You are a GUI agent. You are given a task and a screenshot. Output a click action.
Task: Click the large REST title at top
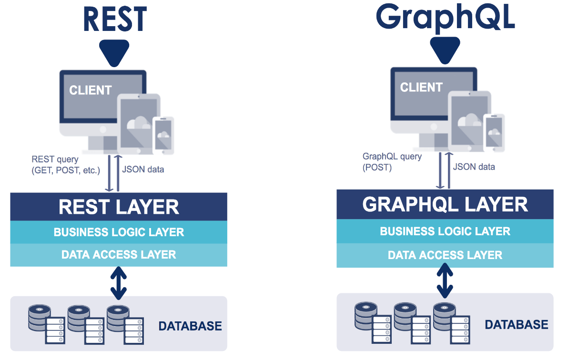(x=115, y=19)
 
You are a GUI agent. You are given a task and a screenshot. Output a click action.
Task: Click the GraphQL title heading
(x=445, y=18)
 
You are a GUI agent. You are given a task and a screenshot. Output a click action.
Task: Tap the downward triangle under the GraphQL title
(x=445, y=50)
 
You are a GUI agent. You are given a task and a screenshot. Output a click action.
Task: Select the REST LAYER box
(x=119, y=207)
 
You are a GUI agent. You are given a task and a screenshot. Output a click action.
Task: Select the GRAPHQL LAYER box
(x=445, y=204)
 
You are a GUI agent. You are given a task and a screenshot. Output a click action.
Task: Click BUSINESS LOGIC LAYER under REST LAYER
(x=119, y=232)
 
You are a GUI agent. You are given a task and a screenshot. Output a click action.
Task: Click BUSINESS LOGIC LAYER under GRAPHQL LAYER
(x=445, y=231)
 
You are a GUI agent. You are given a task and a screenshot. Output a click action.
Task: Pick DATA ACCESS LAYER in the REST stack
(x=119, y=255)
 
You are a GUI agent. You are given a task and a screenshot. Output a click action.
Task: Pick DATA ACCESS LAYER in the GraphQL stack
(x=445, y=255)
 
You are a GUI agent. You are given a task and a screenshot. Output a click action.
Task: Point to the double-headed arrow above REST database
(x=119, y=283)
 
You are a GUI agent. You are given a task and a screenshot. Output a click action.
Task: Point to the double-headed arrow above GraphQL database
(x=445, y=280)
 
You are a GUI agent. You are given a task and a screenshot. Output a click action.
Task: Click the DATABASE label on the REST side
(x=190, y=326)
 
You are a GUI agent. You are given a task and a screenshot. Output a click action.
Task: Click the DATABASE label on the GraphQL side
(x=517, y=324)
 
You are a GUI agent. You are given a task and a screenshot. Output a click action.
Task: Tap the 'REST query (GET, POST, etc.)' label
(x=66, y=165)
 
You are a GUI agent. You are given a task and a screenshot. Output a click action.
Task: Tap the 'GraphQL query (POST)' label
(x=392, y=162)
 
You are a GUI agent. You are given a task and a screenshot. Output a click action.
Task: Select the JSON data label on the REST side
(x=143, y=170)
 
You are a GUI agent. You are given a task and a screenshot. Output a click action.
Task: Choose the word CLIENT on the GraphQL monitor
(x=421, y=87)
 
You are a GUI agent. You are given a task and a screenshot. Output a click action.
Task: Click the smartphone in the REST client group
(x=163, y=135)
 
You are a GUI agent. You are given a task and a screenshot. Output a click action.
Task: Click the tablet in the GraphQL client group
(x=470, y=121)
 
